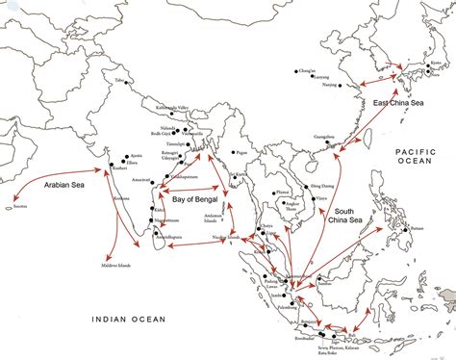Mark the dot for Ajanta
pyautogui.click(x=124, y=158)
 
